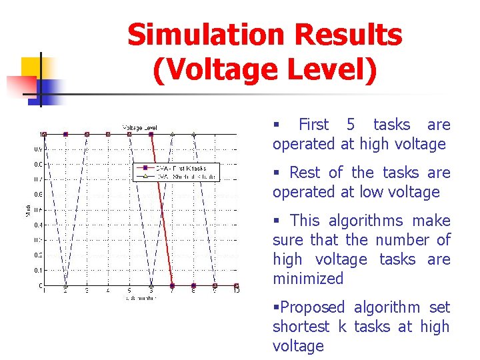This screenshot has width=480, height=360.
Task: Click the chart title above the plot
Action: coord(139,127)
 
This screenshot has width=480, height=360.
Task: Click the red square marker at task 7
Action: coord(172,285)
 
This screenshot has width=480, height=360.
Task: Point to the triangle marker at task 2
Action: coord(65,285)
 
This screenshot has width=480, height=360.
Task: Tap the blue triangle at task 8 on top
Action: coord(193,134)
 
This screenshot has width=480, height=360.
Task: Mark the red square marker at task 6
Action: coord(151,134)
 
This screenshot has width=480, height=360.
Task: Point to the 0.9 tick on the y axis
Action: coord(39,149)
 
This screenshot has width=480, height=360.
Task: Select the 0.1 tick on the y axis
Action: coord(39,270)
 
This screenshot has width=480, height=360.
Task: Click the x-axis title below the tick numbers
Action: coord(139,298)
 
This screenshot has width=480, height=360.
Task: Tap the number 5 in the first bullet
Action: coord(351,125)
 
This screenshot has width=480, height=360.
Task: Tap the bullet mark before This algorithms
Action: coord(276,221)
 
